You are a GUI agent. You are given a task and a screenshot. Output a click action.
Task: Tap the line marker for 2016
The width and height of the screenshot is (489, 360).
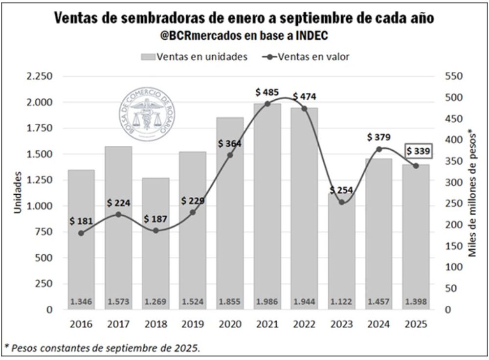[x=81, y=233]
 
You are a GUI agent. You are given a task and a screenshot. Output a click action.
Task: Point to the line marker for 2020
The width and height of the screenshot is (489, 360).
[x=230, y=155]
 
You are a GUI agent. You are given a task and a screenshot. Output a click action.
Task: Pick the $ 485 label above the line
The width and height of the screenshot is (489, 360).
[x=267, y=92]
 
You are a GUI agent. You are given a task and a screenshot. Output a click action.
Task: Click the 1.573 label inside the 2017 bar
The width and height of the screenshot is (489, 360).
[x=118, y=302]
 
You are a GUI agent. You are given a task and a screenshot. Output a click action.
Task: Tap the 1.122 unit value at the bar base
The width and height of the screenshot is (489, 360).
[x=342, y=302]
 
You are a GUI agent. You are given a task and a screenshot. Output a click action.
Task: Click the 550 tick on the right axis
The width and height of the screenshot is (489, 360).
[x=451, y=77]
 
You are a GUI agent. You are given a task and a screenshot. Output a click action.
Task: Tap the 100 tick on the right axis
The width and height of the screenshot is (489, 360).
[x=451, y=267]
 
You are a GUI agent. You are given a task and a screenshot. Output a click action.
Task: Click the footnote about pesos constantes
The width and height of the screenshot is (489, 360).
[x=103, y=348]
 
